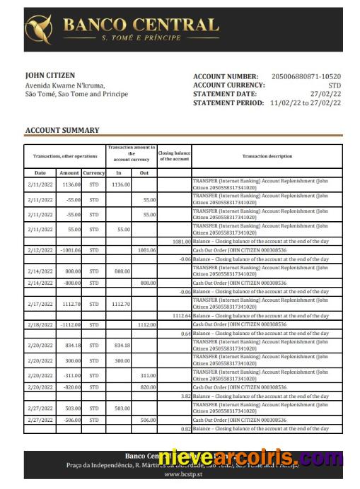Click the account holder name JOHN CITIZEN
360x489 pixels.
pos(50,75)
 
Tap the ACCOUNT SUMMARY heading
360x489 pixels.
pos(62,130)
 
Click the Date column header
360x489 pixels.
pos(40,172)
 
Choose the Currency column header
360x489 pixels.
pos(93,172)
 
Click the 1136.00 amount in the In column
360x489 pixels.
pos(120,184)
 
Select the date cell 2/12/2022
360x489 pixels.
pos(40,250)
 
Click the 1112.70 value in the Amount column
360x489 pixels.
pos(71,304)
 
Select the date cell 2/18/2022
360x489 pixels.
pos(40,324)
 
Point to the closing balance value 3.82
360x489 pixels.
pos(185,396)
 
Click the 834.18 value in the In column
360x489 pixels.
pos(122,346)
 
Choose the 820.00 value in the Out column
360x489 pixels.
pos(147,387)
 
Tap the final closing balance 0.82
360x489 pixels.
pos(185,429)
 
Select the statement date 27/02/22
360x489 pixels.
pos(325,93)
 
